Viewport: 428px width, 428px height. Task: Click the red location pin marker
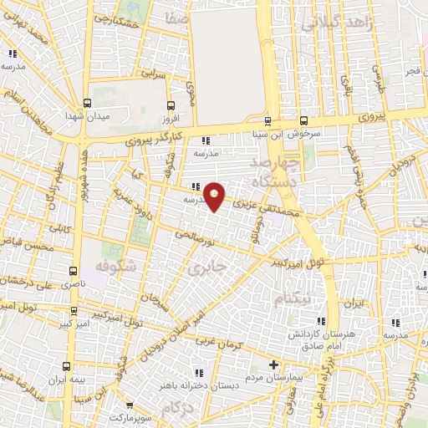pos(215,196)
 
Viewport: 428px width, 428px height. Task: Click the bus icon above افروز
pos(171,105)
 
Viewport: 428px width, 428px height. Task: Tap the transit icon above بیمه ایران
pos(66,365)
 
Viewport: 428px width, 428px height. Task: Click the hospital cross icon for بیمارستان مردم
pos(273,365)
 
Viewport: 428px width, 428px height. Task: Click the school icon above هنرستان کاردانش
pos(318,321)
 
